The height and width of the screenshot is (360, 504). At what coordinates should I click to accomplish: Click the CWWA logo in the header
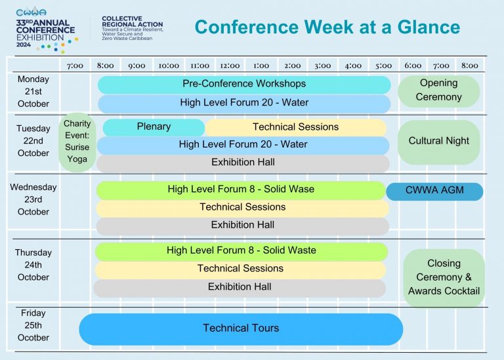[31, 12]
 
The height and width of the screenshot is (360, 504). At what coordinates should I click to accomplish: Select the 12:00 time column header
[230, 66]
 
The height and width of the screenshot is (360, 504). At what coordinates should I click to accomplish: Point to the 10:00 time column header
[169, 66]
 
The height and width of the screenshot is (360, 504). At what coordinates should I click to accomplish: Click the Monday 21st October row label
[33, 92]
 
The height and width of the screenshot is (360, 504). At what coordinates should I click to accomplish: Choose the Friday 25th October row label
[33, 325]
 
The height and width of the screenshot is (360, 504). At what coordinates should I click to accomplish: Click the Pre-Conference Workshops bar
[244, 85]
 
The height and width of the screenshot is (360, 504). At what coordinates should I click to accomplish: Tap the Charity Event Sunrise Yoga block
[77, 142]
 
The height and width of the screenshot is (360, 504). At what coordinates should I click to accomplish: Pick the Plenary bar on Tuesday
[154, 127]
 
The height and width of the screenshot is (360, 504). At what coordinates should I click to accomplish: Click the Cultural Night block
[439, 142]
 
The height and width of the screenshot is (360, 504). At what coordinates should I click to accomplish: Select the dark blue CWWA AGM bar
[434, 191]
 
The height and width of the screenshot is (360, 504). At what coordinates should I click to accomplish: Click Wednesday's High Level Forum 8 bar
[241, 190]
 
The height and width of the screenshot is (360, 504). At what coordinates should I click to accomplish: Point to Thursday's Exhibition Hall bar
[240, 288]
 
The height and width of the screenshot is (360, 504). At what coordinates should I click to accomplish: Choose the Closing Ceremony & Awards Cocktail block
[444, 278]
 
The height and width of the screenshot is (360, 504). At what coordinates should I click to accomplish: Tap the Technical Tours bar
[241, 329]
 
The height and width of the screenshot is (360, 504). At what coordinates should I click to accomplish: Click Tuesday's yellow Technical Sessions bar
[296, 127]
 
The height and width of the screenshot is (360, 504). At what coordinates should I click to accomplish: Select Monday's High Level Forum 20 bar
[244, 104]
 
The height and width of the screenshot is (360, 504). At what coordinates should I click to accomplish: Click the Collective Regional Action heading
[133, 22]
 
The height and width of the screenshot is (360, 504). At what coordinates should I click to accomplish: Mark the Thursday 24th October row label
[33, 265]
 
